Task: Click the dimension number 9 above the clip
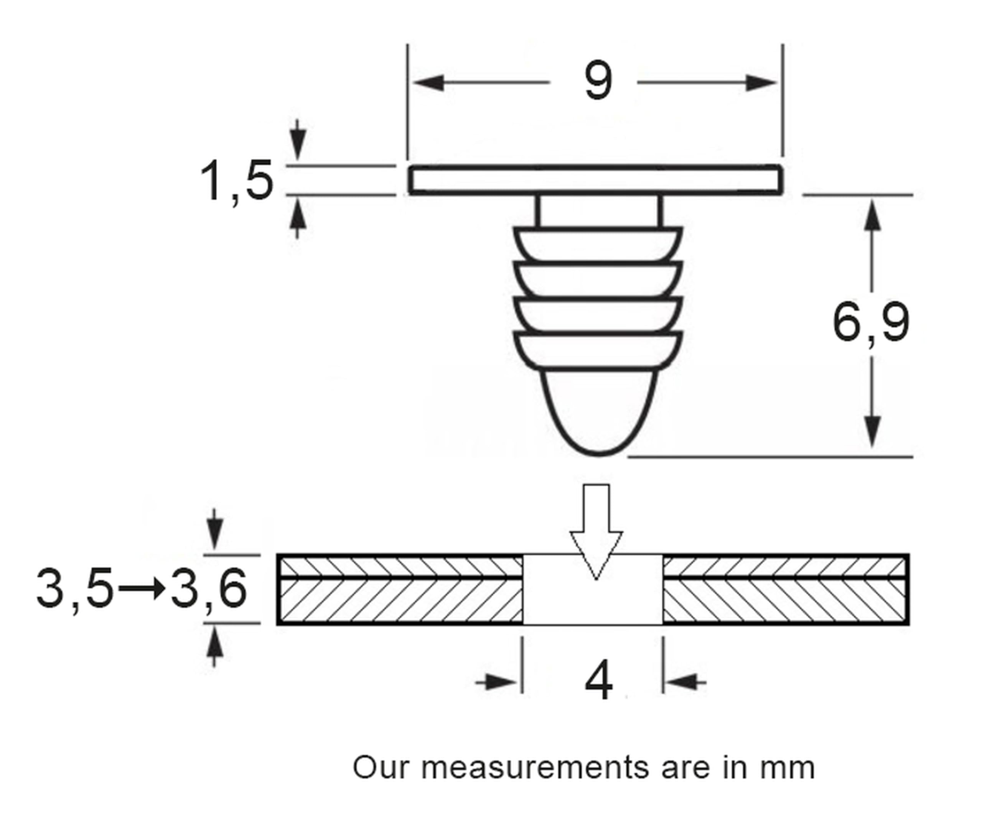[598, 81]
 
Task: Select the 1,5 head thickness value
[236, 181]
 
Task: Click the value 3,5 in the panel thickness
[74, 588]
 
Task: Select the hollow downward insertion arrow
[596, 532]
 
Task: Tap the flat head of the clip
[595, 180]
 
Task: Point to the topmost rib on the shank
[598, 244]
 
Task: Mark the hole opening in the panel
[593, 590]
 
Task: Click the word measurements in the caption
[534, 768]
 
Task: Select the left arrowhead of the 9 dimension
[428, 82]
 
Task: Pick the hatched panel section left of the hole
[400, 590]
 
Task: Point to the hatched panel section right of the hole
[786, 590]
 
